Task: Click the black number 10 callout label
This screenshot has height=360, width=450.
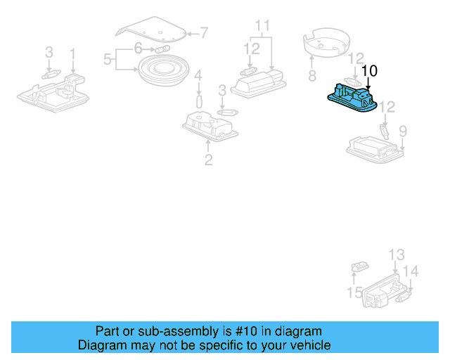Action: tap(369, 70)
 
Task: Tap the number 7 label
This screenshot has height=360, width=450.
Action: tap(204, 32)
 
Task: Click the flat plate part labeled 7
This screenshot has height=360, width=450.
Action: tap(151, 30)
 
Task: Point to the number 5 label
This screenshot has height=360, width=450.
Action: tap(108, 59)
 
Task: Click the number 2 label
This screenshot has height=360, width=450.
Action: tap(208, 160)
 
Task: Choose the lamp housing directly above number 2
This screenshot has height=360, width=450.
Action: tap(210, 127)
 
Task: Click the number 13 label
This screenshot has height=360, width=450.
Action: tap(397, 255)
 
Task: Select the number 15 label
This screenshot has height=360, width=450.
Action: tap(355, 292)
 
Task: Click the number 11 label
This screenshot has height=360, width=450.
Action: tap(262, 27)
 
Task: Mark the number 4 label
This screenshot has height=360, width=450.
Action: tap(198, 75)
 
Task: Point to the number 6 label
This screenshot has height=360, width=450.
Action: tap(139, 48)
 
